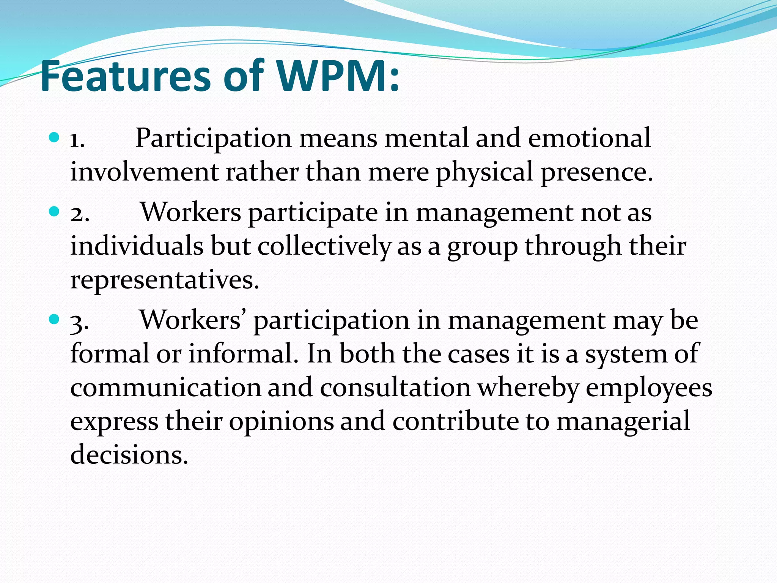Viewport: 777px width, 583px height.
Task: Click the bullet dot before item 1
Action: (x=55, y=137)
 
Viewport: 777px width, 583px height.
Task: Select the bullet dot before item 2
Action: (x=55, y=211)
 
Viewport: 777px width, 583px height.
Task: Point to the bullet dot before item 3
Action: (x=55, y=319)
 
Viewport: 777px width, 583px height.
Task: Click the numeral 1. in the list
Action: (x=78, y=140)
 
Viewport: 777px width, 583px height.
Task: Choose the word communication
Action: (x=165, y=388)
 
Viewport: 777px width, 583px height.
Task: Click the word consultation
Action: (x=395, y=388)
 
